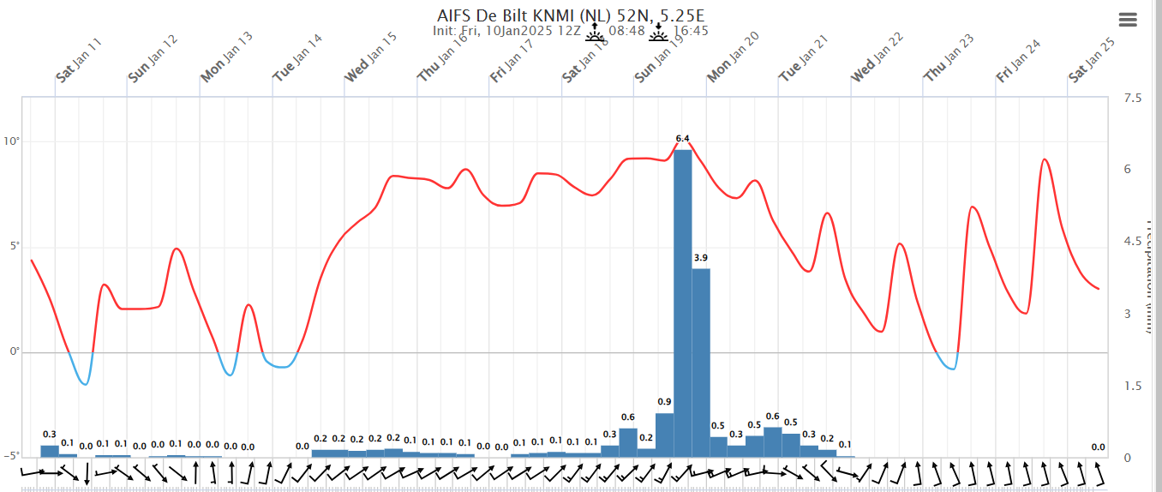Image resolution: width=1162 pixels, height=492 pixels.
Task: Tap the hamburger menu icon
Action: [1128, 21]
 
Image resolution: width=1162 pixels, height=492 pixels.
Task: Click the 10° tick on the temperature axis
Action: [11, 141]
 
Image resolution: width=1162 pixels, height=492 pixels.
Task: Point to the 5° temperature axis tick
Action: [13, 247]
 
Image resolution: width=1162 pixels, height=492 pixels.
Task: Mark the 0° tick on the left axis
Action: [13, 352]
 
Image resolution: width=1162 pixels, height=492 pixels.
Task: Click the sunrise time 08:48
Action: [626, 32]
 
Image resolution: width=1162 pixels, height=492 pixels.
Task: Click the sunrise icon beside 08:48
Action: [595, 33]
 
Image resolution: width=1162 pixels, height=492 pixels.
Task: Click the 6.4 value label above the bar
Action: [682, 138]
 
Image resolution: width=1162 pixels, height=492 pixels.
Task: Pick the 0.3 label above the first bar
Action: [50, 435]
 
